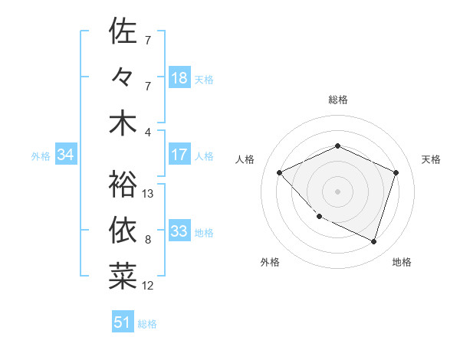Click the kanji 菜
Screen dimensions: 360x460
[x=123, y=275]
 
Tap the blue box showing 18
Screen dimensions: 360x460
[x=179, y=78]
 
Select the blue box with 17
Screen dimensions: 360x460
[x=179, y=155]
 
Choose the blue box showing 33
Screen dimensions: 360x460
[x=179, y=231]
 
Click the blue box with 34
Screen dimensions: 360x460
[x=66, y=155]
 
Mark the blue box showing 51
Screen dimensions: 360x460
[x=123, y=322]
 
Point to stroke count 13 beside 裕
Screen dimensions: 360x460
[x=149, y=194]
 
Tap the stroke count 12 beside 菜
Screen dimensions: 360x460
[x=149, y=286]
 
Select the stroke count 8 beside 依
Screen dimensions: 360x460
[x=148, y=240]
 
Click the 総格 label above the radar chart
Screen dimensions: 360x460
[x=338, y=100]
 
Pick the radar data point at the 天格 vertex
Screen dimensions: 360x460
[x=396, y=172]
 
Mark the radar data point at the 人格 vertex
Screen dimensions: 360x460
[x=280, y=172]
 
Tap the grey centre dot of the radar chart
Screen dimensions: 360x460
[x=337, y=191]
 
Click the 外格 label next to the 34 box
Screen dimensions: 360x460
[x=41, y=156]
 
